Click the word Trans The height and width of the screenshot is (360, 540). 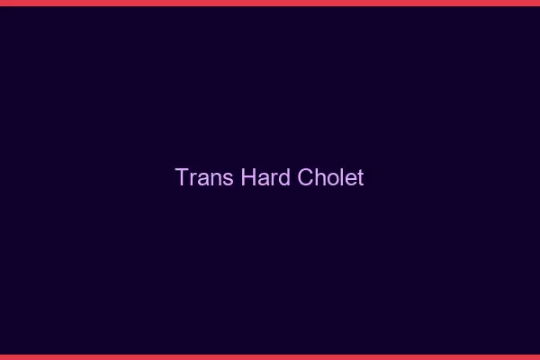click(x=204, y=177)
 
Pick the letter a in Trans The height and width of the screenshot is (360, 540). click(x=203, y=178)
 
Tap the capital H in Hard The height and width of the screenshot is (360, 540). click(x=248, y=177)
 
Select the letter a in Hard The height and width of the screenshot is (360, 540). click(x=262, y=178)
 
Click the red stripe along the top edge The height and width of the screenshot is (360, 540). click(x=270, y=3)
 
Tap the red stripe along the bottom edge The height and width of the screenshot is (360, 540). click(x=270, y=356)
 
